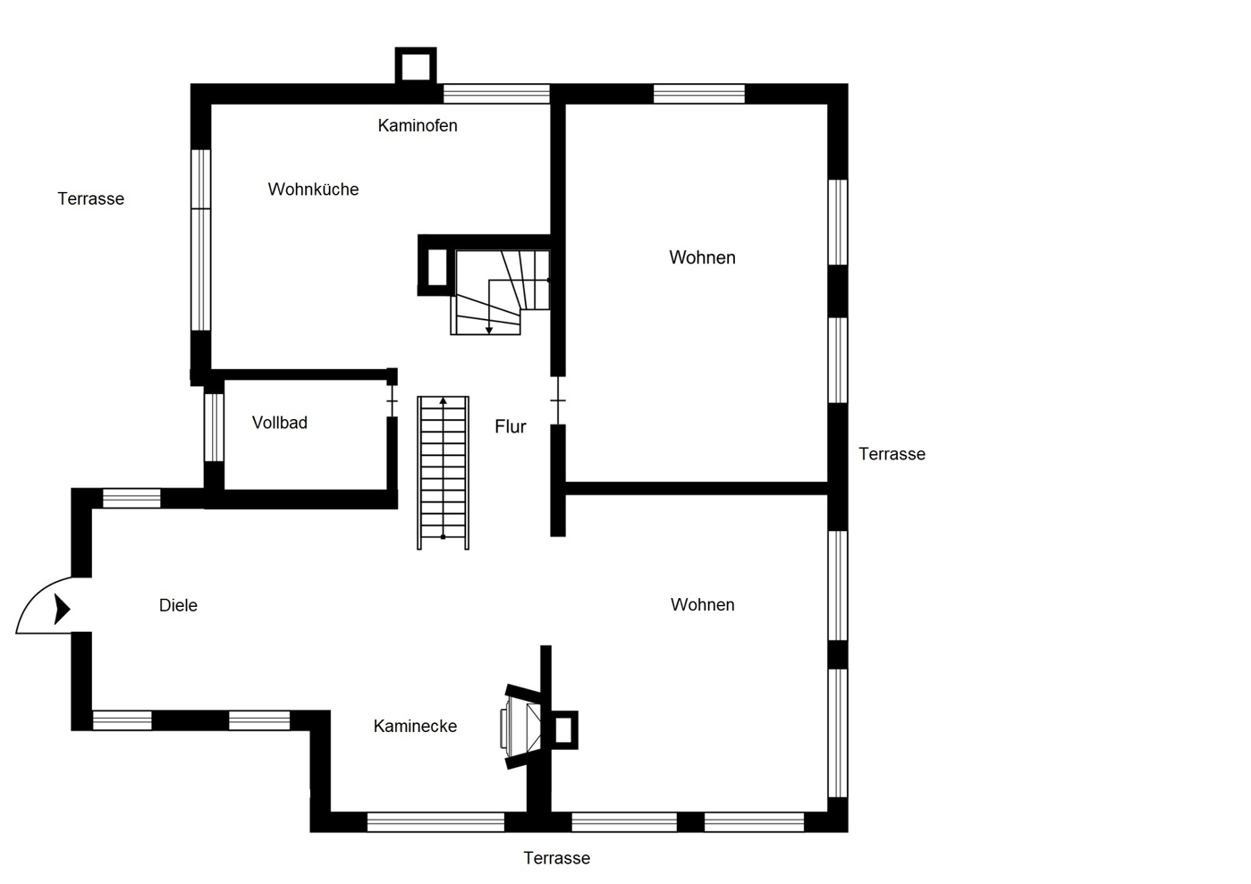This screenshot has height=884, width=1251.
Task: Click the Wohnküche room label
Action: (x=313, y=189)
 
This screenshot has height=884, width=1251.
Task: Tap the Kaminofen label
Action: (x=418, y=125)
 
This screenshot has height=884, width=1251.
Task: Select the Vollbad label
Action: (x=280, y=423)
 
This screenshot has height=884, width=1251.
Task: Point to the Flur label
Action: (x=511, y=426)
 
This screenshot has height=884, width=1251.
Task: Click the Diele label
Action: (x=178, y=605)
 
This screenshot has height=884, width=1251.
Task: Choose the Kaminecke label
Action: (x=415, y=726)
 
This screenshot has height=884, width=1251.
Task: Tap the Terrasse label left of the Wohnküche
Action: (x=91, y=198)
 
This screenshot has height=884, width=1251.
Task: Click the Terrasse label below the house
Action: (x=557, y=858)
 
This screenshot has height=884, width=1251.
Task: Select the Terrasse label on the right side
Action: (x=892, y=454)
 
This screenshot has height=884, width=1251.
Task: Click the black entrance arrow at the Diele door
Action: (x=62, y=609)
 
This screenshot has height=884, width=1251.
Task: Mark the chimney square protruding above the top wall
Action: (x=416, y=66)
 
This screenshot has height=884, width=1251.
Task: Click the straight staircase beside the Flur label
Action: (x=443, y=473)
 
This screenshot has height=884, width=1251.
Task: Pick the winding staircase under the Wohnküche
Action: (x=500, y=292)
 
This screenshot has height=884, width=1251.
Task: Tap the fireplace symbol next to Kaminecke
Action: (x=522, y=726)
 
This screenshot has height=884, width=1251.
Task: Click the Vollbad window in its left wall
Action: (x=214, y=427)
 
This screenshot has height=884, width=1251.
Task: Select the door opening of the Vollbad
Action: (x=392, y=400)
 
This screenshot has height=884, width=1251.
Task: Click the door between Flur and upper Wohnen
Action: (x=558, y=400)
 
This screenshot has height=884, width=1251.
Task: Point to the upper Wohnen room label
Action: (x=702, y=257)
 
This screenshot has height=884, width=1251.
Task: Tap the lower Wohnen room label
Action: (x=703, y=604)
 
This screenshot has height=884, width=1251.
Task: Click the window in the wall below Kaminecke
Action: (x=435, y=822)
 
